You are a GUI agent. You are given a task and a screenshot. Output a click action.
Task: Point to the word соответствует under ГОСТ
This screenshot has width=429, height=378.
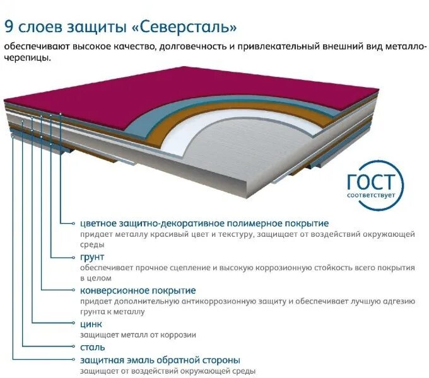click(x=373, y=195)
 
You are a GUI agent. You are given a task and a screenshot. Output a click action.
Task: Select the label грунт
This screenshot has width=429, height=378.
click(x=92, y=257)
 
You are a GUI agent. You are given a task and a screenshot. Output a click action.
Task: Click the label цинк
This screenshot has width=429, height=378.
click(x=91, y=324)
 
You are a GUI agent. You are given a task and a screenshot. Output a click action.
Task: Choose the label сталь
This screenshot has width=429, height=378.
click(x=92, y=347)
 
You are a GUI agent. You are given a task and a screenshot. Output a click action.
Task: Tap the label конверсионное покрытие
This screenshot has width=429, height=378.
click(x=138, y=290)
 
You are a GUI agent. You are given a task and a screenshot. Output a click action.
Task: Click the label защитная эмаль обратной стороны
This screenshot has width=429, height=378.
click(x=160, y=360)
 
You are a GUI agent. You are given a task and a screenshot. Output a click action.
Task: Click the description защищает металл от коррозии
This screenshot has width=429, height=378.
click(x=138, y=335)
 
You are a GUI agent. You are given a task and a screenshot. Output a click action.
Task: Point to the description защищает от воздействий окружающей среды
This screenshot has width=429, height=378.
click(x=167, y=372)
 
